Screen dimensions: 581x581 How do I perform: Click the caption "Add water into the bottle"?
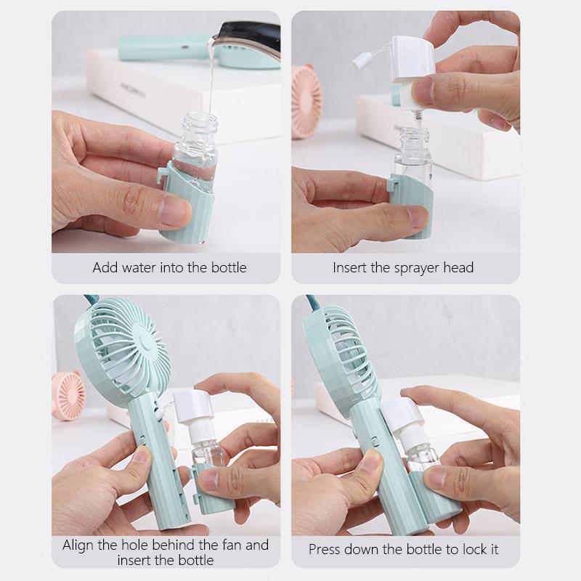coord(169,267)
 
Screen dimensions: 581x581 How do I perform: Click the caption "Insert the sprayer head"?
coord(403,267)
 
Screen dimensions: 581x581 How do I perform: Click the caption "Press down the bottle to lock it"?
coord(403,549)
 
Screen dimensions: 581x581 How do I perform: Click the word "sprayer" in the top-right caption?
coord(415,268)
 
